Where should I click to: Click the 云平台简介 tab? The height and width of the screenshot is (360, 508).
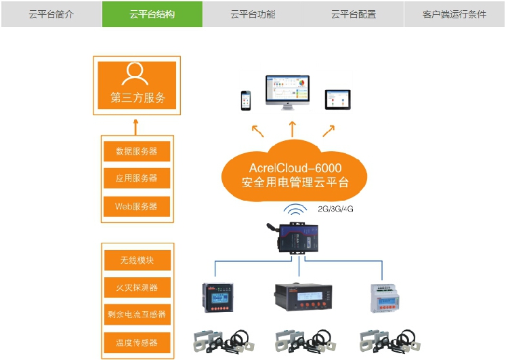point(51,14)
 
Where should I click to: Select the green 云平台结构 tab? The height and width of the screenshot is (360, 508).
point(152,14)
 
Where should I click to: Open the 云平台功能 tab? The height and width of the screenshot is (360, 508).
point(253,14)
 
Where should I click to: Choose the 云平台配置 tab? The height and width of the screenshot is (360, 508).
point(354,14)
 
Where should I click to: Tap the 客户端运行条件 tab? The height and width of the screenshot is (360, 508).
point(454,14)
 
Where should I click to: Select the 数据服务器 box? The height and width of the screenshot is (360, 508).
point(137,151)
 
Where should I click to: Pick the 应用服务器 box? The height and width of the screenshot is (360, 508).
point(137,178)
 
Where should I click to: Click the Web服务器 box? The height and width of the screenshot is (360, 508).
point(137,206)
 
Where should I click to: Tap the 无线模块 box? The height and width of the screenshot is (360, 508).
point(137,260)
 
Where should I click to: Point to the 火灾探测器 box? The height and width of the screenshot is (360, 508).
point(137,287)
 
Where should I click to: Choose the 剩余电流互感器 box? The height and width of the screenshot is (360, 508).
point(137,315)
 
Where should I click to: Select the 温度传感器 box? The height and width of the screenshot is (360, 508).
point(137,342)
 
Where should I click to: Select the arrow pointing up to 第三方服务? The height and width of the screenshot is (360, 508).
point(136,126)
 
